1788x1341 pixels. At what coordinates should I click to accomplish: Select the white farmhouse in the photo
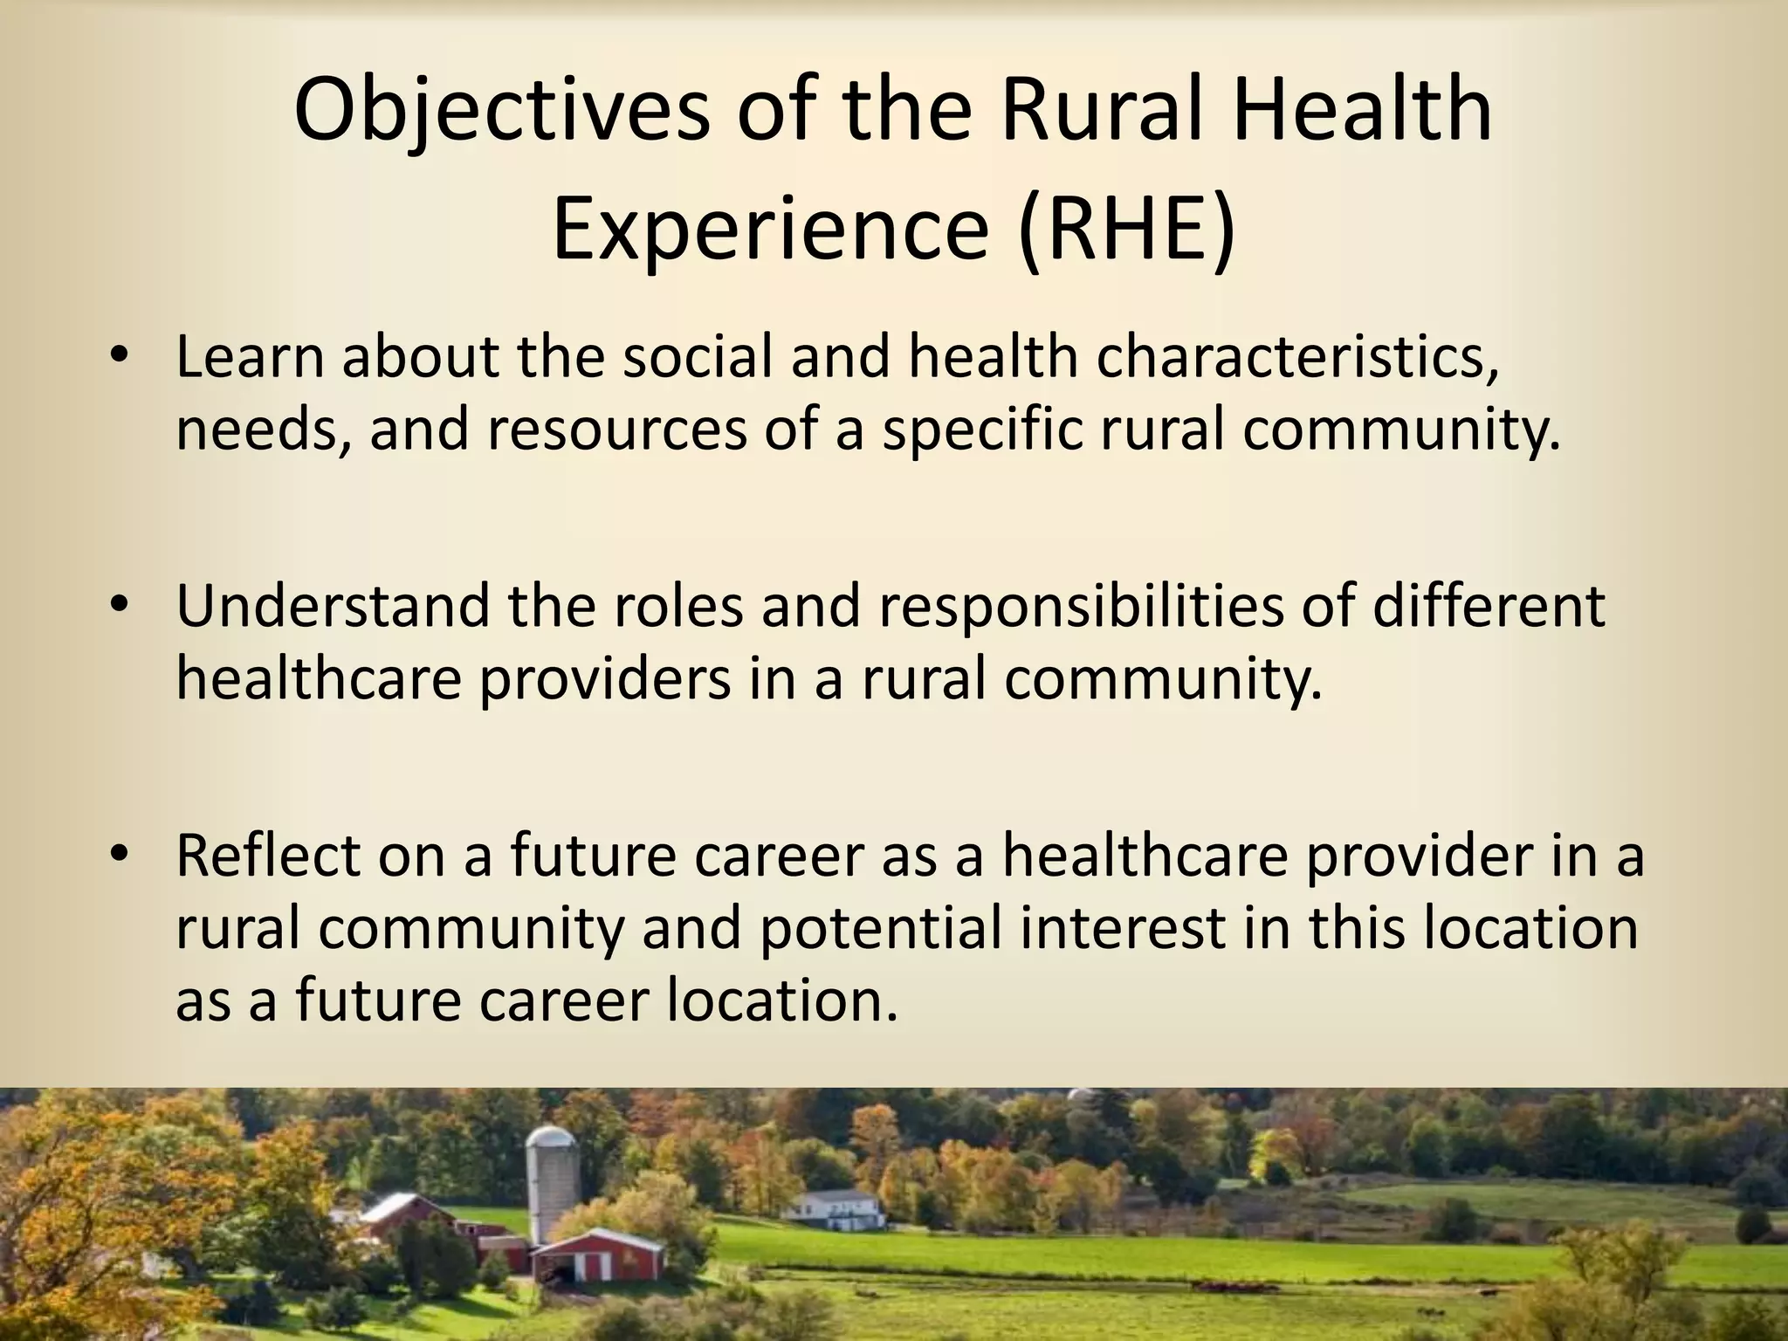point(835,1208)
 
